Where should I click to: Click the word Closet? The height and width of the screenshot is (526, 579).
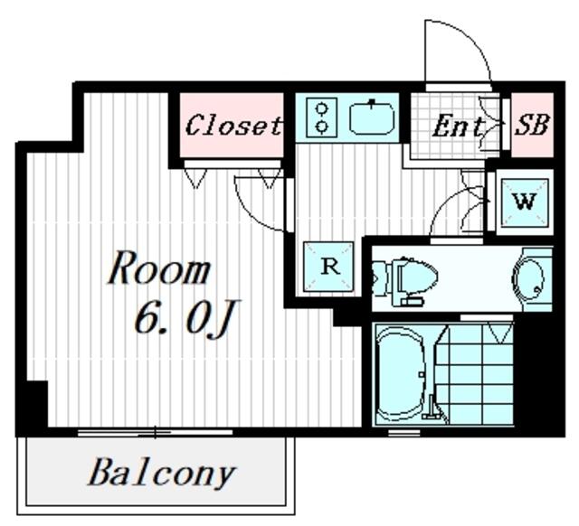(233, 126)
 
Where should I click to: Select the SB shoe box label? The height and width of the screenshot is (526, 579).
(532, 125)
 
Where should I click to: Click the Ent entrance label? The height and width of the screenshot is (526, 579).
(459, 127)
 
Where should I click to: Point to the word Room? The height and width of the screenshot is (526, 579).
(159, 268)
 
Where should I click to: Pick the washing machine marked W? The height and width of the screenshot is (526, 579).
(525, 202)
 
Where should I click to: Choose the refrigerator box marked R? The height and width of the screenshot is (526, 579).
(328, 266)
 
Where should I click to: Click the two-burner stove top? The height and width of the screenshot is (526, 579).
(322, 117)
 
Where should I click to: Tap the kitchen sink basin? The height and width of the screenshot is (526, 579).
(372, 118)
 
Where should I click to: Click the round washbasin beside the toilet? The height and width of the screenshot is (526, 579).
(528, 279)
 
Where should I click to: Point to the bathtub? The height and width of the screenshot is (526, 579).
(401, 374)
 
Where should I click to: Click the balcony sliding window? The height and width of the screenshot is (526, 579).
(155, 432)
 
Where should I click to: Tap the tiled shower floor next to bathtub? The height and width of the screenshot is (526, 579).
(476, 373)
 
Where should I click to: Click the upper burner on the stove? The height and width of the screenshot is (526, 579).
(322, 108)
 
